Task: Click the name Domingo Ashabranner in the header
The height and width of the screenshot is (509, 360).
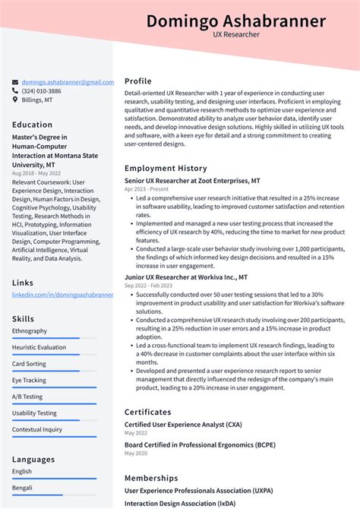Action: (x=236, y=21)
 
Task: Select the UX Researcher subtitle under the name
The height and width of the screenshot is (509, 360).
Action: (x=236, y=35)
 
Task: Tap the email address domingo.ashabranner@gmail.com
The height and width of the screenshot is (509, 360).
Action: (x=68, y=82)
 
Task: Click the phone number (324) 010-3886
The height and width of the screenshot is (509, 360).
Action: (x=42, y=91)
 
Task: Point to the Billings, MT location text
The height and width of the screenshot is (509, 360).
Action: (x=37, y=100)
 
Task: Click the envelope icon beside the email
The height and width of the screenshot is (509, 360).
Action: (x=15, y=82)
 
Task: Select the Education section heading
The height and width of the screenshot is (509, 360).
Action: (x=33, y=125)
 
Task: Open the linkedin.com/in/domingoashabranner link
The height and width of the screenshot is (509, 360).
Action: (x=62, y=294)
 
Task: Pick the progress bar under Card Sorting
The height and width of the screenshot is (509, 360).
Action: (x=54, y=371)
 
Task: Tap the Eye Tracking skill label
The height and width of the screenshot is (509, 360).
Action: (x=30, y=380)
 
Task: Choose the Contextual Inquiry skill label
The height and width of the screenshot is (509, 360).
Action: (x=36, y=429)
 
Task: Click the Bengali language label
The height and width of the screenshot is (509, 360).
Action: (x=23, y=488)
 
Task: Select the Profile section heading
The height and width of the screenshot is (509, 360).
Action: (x=138, y=81)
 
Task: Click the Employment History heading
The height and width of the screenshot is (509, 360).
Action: (x=166, y=168)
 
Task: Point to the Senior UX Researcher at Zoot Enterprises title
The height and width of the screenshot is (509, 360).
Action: (x=192, y=181)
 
